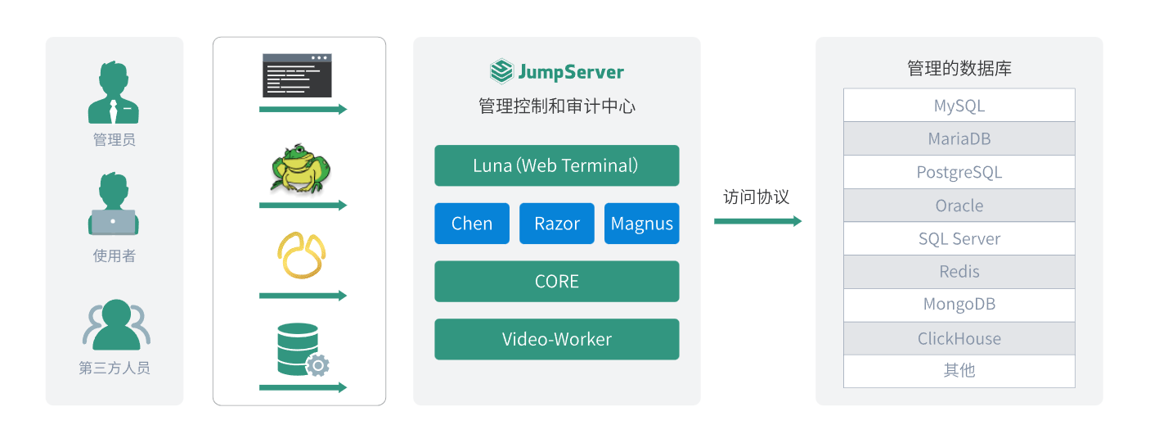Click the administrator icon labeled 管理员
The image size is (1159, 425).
point(115,93)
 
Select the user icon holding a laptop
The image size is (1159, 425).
point(114,206)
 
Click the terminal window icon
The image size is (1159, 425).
point(297,75)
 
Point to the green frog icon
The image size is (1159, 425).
point(300,170)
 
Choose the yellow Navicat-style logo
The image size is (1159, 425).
point(301,255)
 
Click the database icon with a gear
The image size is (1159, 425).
point(301,350)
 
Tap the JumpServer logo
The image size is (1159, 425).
point(557,72)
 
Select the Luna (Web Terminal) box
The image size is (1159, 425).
point(556,165)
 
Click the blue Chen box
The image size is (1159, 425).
point(472,224)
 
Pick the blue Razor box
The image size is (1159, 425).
point(557,224)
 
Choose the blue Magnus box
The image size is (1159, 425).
point(642,224)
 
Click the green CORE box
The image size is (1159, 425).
point(556,282)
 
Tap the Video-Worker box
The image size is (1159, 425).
point(556,339)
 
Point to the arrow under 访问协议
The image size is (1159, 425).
point(757,221)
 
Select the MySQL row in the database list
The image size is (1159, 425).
point(959,106)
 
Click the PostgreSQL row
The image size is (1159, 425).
point(959,172)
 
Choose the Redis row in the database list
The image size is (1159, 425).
point(959,272)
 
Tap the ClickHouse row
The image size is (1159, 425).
point(959,338)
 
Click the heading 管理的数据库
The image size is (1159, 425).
point(959,68)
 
